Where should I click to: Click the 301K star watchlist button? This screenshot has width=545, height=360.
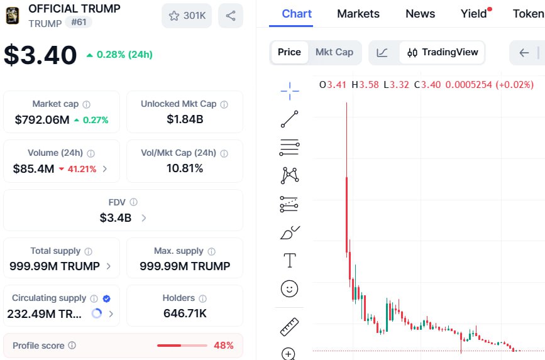[187, 16]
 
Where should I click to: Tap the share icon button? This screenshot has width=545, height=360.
[231, 16]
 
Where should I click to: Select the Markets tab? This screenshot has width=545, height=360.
[358, 14]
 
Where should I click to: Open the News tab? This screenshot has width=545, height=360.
[420, 14]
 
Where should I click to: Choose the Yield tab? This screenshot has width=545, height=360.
[474, 14]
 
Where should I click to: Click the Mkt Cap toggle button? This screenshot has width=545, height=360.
[334, 52]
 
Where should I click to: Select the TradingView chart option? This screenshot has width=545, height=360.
[443, 52]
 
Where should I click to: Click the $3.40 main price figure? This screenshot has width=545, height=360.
[40, 55]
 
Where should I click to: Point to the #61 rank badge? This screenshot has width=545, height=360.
[79, 23]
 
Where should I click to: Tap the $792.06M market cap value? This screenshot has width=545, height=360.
[42, 119]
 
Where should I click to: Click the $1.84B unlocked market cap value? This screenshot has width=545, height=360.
[185, 119]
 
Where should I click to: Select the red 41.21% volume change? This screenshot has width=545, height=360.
[78, 169]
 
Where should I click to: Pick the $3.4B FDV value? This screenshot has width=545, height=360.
[116, 218]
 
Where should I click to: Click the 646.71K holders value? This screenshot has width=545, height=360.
[185, 313]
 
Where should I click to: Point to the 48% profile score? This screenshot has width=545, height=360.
[223, 345]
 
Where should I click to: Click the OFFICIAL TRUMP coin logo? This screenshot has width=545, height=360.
[12, 16]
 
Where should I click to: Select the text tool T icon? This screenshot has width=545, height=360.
[289, 260]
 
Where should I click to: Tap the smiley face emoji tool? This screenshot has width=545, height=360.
[289, 288]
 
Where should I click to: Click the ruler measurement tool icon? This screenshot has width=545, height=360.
[289, 327]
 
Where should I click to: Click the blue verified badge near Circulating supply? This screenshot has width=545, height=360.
[107, 298]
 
